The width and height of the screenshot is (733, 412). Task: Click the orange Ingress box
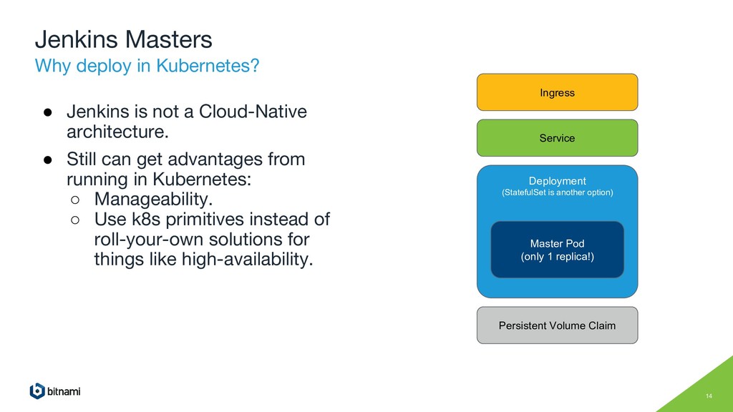[557, 92]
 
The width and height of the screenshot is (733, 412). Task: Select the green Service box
[557, 138]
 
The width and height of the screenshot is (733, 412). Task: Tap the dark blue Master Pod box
[557, 250]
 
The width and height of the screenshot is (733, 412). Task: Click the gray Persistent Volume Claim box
[557, 325]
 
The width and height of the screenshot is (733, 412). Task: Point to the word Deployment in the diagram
[557, 181]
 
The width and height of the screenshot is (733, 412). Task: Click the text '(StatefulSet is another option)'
[557, 192]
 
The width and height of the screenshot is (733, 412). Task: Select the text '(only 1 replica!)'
[557, 256]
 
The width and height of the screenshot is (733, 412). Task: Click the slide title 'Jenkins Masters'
[124, 39]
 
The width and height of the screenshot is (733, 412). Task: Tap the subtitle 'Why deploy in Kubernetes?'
[147, 67]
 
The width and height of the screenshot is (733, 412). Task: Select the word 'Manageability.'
[153, 197]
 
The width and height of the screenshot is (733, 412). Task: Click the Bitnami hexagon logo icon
[37, 391]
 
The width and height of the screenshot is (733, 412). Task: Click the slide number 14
[709, 397]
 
